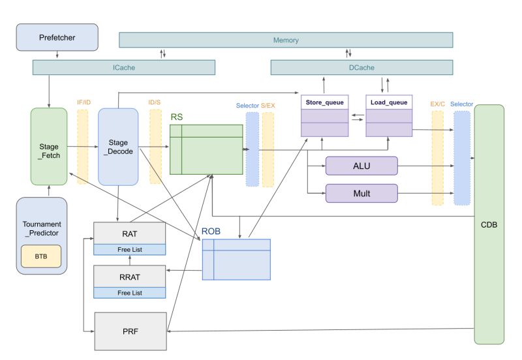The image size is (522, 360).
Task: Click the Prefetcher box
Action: pos(57,38)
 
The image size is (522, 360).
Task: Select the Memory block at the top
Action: pos(286,40)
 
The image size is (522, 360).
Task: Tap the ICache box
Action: pos(123,67)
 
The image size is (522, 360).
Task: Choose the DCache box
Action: pos(361,67)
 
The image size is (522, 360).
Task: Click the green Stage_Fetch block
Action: pos(49,147)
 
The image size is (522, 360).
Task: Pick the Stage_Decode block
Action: pos(118,147)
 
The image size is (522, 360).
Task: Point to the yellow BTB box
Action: pos(41,256)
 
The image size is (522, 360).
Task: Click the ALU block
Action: pos(361,166)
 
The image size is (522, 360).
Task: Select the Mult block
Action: pos(361,193)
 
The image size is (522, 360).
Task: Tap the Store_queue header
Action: pos(324,102)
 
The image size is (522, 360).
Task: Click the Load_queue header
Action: pos(389,102)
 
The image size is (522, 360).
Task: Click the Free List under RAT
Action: pos(129,250)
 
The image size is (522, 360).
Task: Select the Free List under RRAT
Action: pos(129,293)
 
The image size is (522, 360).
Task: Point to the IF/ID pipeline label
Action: pos(83,102)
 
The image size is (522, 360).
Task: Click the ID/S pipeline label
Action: pos(155,102)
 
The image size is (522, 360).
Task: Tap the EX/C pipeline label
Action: pos(437,104)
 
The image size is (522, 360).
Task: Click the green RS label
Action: pos(176,117)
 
